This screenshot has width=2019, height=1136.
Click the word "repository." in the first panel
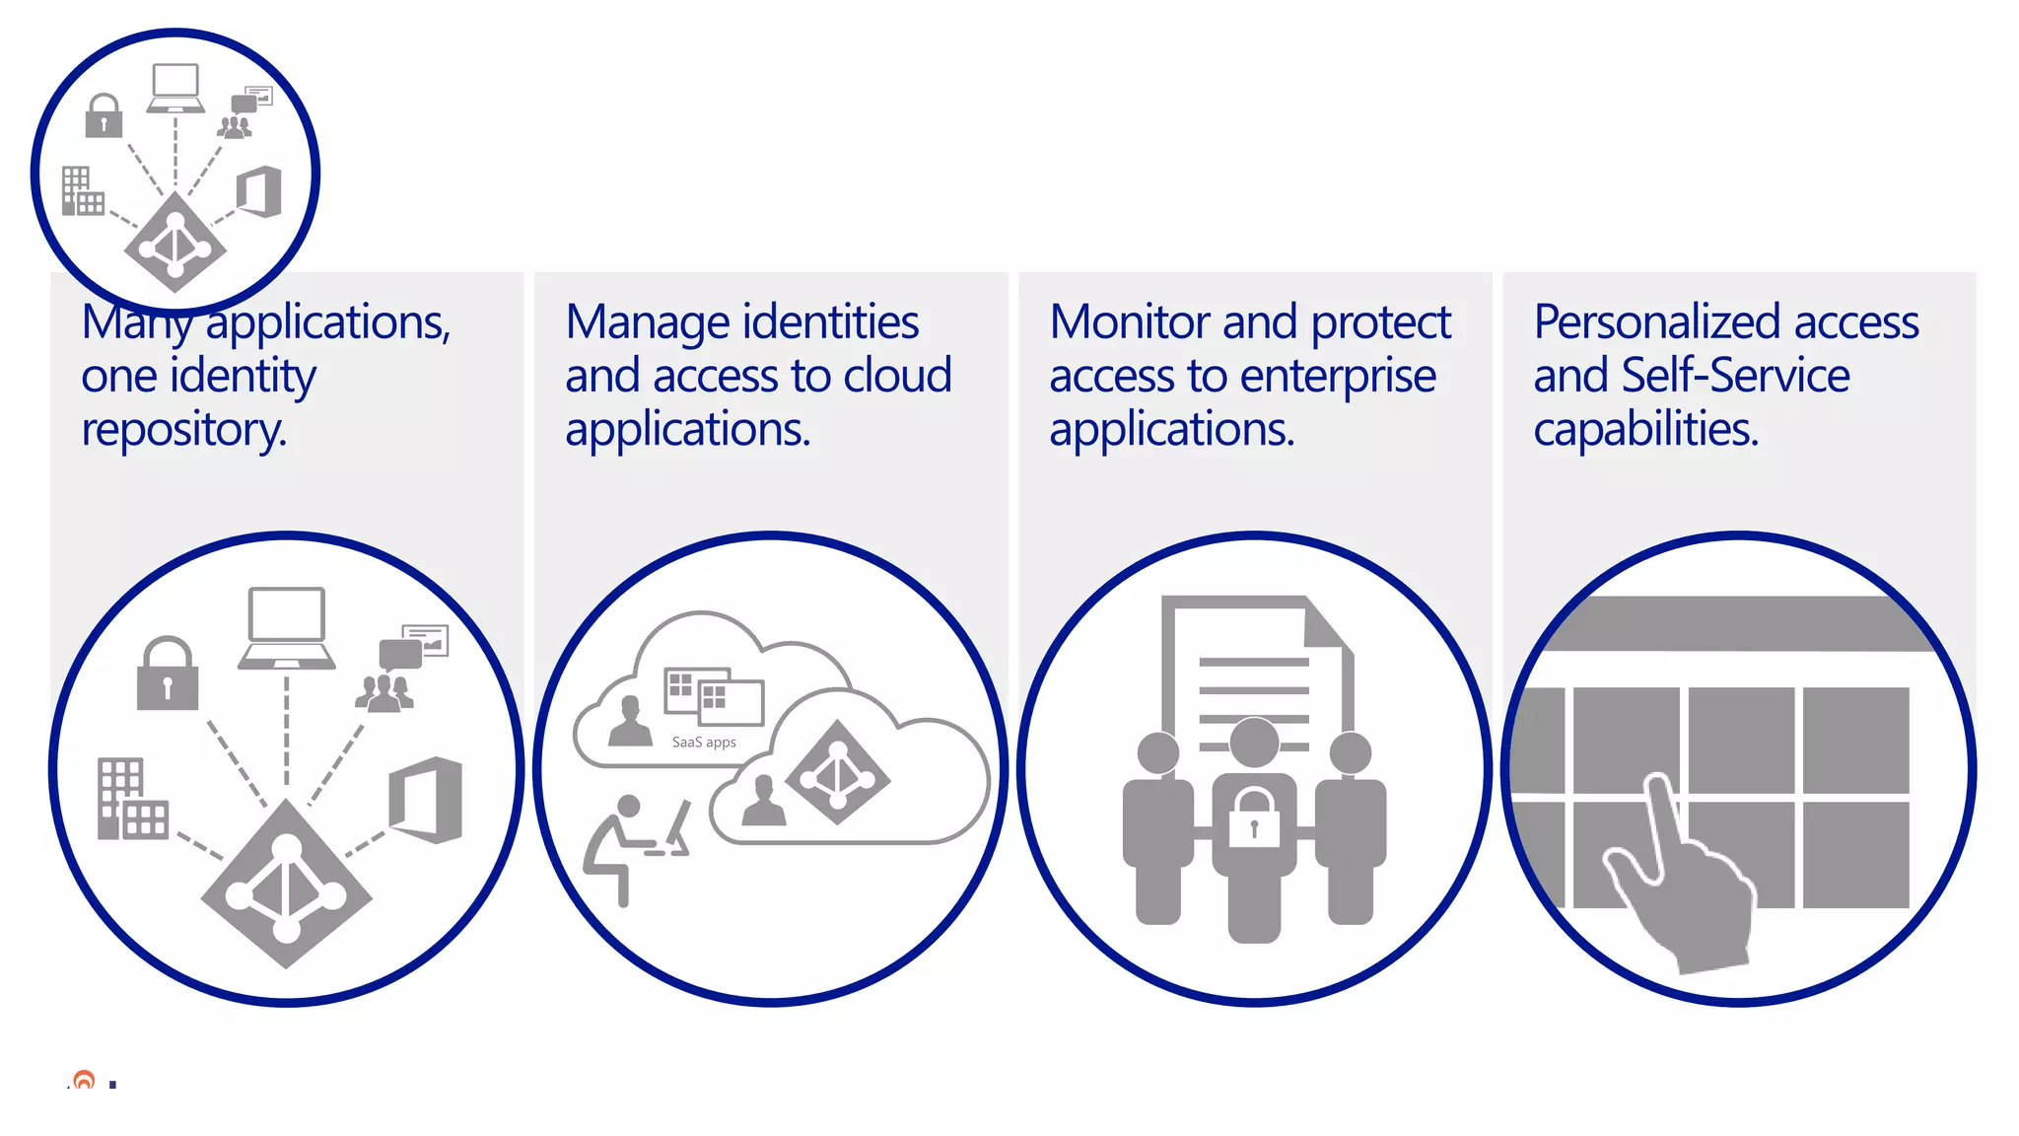pos(183,430)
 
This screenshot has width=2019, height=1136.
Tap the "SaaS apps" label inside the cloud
pos(704,743)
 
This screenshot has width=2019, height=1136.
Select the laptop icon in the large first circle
pos(286,628)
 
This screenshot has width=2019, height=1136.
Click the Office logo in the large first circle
pos(426,800)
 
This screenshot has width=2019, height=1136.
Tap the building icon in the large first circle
pos(132,800)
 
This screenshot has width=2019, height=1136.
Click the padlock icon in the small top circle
pos(104,115)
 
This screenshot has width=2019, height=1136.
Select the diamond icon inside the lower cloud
pos(838,773)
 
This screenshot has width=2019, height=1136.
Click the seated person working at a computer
pos(631,843)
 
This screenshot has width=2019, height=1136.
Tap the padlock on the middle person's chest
pos(1254,817)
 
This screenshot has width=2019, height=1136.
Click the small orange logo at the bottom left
pos(85,1081)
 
